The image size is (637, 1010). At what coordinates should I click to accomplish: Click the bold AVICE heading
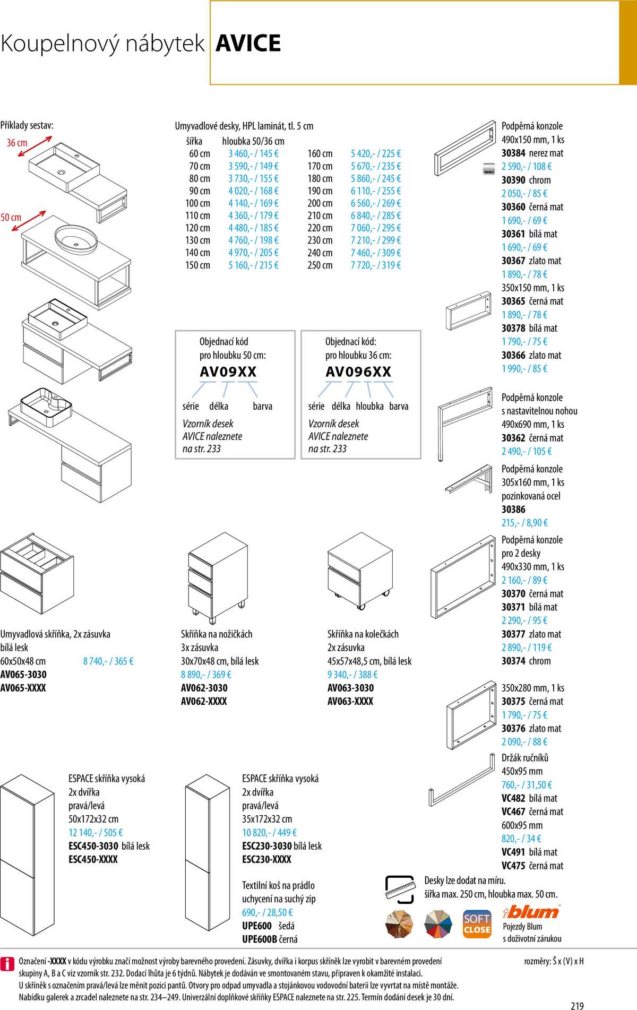coord(248,44)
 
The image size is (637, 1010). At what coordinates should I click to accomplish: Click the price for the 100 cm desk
coord(253,203)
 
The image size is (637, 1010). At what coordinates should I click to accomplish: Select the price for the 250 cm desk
coord(375,265)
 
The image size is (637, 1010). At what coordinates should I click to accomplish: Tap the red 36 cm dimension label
coord(17,143)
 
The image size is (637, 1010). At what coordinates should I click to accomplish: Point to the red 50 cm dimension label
coord(11,218)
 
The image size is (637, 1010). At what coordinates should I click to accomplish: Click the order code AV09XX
coord(228,372)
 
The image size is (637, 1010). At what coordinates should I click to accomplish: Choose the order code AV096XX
coord(358,372)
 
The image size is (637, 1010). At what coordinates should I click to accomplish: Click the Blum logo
coord(531,912)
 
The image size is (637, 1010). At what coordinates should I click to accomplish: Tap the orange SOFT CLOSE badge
coord(477,925)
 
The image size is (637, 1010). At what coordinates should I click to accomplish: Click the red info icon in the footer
coord(7,964)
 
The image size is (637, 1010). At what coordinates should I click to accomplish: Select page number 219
coord(577,1005)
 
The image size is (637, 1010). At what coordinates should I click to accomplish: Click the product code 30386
coord(513,510)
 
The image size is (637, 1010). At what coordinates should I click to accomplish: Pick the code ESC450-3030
coord(93,846)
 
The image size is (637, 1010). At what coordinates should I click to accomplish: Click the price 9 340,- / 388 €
coord(352,675)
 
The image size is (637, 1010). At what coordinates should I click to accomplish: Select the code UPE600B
coord(260,939)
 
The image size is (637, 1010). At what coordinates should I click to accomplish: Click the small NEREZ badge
coord(488,171)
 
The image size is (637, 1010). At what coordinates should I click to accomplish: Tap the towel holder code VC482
coord(513,798)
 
